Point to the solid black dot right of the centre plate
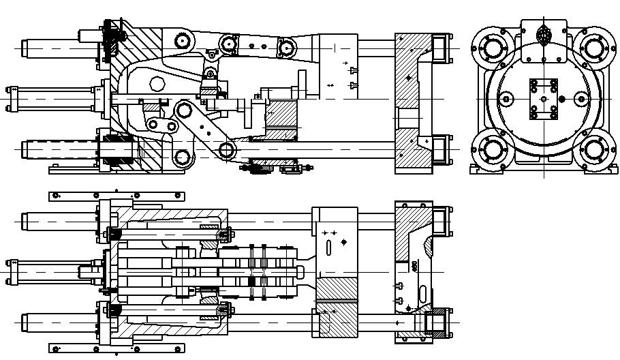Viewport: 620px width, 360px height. pyautogui.click(x=562, y=99)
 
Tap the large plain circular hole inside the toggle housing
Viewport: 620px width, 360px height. pyautogui.click(x=157, y=84)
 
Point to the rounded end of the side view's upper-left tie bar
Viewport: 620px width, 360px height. pyautogui.click(x=24, y=50)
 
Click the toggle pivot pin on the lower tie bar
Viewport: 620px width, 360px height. pyautogui.click(x=228, y=150)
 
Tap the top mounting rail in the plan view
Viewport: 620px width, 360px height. pyautogui.click(x=117, y=196)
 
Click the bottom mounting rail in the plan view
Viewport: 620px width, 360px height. pyautogui.click(x=117, y=348)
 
